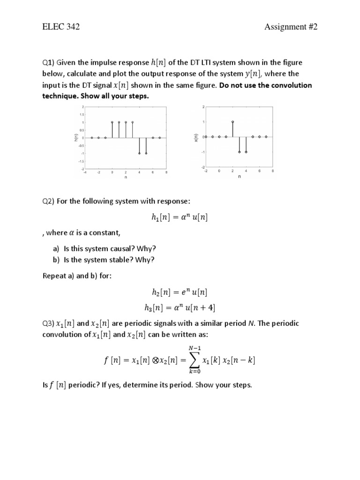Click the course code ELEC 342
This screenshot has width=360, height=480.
point(61,27)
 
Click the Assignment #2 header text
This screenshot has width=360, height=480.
point(291,27)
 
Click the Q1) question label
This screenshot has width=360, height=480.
point(49,63)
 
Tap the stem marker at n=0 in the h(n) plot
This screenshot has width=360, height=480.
point(112,122)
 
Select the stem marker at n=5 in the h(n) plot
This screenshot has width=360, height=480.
point(146,153)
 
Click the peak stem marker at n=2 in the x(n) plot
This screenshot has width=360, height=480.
point(232,122)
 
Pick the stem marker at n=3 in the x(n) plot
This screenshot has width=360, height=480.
point(239,152)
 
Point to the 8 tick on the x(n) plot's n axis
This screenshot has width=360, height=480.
point(273,171)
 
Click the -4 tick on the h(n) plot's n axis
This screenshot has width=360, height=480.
point(85,172)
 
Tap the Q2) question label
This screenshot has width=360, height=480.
point(49,201)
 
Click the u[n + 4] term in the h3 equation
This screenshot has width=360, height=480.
point(201,307)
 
